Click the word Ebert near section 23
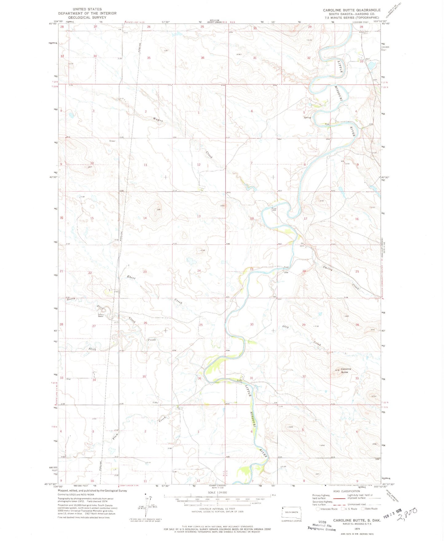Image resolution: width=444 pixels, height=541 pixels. click(x=131, y=277)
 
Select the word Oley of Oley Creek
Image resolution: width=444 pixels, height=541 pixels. click(x=285, y=327)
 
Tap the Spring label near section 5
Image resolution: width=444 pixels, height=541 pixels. click(x=307, y=117)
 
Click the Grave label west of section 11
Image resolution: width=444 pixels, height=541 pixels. click(x=112, y=141)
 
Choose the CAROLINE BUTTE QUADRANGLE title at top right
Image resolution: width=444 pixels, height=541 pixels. click(x=352, y=10)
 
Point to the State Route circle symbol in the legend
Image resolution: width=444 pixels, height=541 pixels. click(x=363, y=509)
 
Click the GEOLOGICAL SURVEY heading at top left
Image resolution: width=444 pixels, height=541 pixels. click(x=87, y=17)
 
